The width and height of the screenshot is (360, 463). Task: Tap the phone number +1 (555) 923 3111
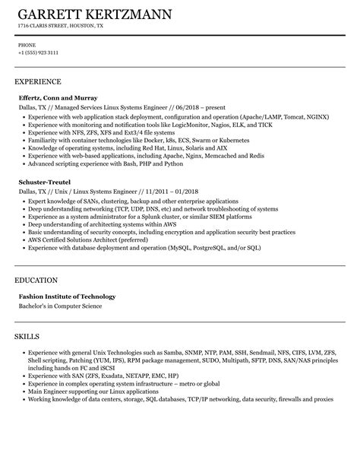pyautogui.click(x=38, y=53)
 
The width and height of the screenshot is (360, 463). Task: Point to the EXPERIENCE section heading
pyautogui.click(x=38, y=81)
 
